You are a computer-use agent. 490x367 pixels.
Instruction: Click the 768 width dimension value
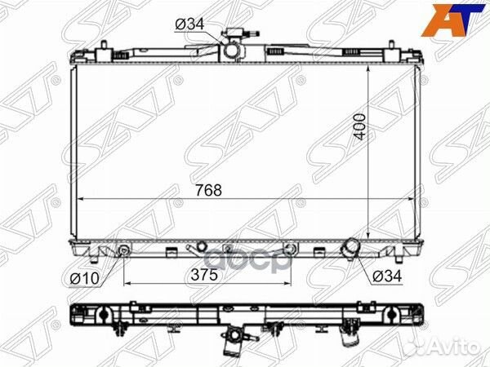(209, 190)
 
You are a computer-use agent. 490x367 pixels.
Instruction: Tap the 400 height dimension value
(359, 126)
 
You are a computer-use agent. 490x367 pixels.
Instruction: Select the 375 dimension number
(204, 275)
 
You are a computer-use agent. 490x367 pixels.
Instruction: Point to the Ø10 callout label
(85, 278)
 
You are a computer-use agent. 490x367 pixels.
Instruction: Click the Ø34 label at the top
(189, 24)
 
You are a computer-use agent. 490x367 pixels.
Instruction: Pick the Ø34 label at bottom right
(386, 276)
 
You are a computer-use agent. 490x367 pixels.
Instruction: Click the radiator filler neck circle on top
(232, 50)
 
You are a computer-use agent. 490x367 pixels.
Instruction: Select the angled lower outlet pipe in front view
(350, 247)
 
